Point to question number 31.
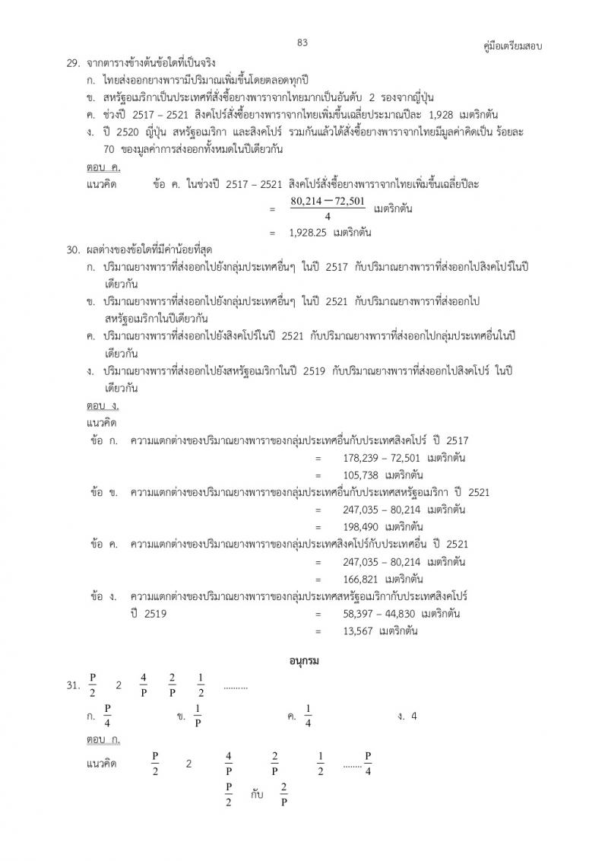(73, 686)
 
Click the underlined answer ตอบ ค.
(103, 167)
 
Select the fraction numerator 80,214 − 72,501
(328, 202)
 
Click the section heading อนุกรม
(303, 660)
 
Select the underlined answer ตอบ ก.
(103, 739)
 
